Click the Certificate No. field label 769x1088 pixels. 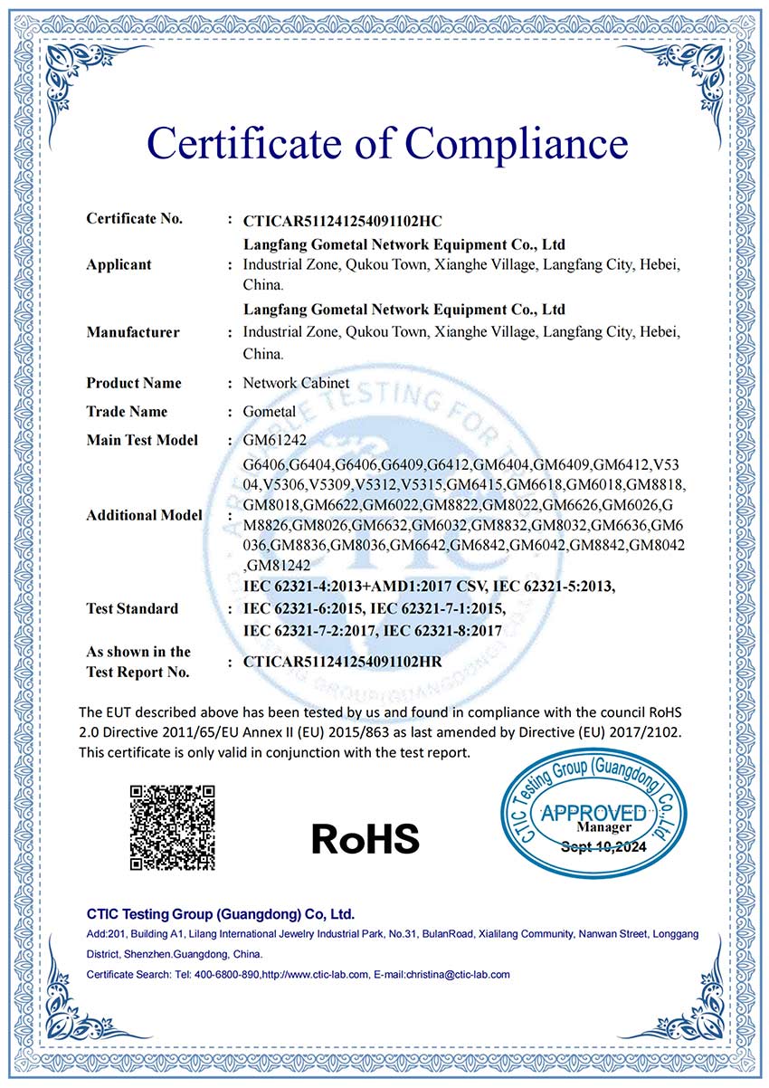(x=134, y=218)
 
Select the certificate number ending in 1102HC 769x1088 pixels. (x=342, y=220)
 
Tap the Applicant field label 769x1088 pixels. (x=119, y=264)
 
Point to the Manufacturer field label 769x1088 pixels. (x=133, y=332)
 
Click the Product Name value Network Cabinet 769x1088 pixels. (x=296, y=383)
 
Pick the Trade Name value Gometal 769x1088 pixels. (x=269, y=412)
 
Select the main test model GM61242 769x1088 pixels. (x=274, y=441)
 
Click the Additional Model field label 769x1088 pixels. (x=144, y=515)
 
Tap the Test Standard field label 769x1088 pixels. (x=132, y=608)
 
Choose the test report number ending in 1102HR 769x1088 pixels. (x=342, y=662)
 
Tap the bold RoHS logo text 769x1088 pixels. (x=366, y=839)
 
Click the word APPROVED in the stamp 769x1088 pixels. (x=593, y=812)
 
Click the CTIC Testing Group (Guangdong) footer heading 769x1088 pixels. (x=220, y=913)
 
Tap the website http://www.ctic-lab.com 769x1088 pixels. (x=315, y=975)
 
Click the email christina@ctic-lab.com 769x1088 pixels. (x=457, y=975)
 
